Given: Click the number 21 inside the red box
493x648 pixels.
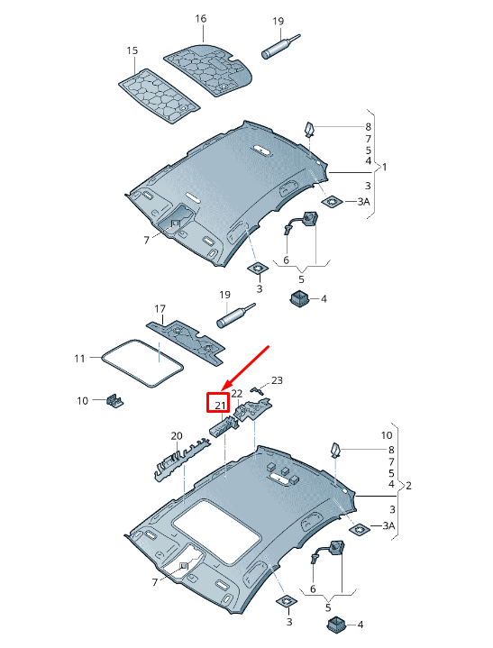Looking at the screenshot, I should coord(219,405).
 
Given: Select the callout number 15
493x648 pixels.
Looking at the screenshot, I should coord(132,51).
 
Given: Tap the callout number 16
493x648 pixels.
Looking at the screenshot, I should coord(200,19).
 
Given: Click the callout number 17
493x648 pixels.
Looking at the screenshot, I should coord(160,309).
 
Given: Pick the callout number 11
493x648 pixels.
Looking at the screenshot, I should coord(79,359).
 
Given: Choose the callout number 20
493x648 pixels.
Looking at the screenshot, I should coord(177,436).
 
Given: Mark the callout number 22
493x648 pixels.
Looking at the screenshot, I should coord(237,393).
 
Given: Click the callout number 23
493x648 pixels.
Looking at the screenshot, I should coord(277,380).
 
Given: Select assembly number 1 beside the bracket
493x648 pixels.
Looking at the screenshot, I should coord(384,168).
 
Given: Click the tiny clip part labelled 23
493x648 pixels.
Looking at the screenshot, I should coord(256,390).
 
